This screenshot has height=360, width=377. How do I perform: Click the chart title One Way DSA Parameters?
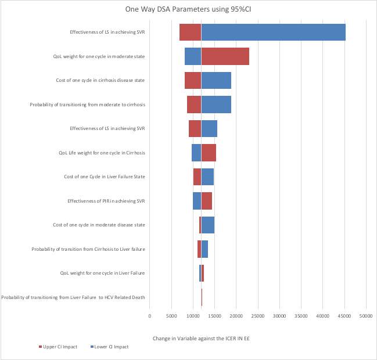tap(188, 9)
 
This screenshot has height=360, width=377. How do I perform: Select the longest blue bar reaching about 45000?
tap(273, 32)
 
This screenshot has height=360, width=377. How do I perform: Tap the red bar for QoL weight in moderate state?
tap(225, 56)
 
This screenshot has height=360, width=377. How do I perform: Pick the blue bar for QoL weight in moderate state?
tap(193, 56)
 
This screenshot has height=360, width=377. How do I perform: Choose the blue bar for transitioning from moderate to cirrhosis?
tap(216, 105)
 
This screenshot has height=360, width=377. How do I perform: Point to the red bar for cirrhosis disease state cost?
tap(193, 80)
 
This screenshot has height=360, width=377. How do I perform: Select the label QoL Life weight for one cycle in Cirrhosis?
tap(102, 153)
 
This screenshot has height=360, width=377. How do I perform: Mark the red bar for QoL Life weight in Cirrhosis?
tap(209, 153)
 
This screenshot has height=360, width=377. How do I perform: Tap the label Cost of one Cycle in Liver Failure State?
tap(105, 177)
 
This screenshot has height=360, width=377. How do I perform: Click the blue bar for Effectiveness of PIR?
tap(197, 201)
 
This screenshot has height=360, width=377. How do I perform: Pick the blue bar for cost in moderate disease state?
tap(207, 225)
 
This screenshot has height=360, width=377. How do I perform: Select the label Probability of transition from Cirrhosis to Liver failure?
tap(88, 249)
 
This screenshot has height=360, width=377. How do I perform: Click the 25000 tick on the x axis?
tap(257, 316)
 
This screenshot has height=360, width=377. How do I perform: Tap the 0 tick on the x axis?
tap(150, 316)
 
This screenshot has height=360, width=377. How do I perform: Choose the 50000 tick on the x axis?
tap(365, 316)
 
